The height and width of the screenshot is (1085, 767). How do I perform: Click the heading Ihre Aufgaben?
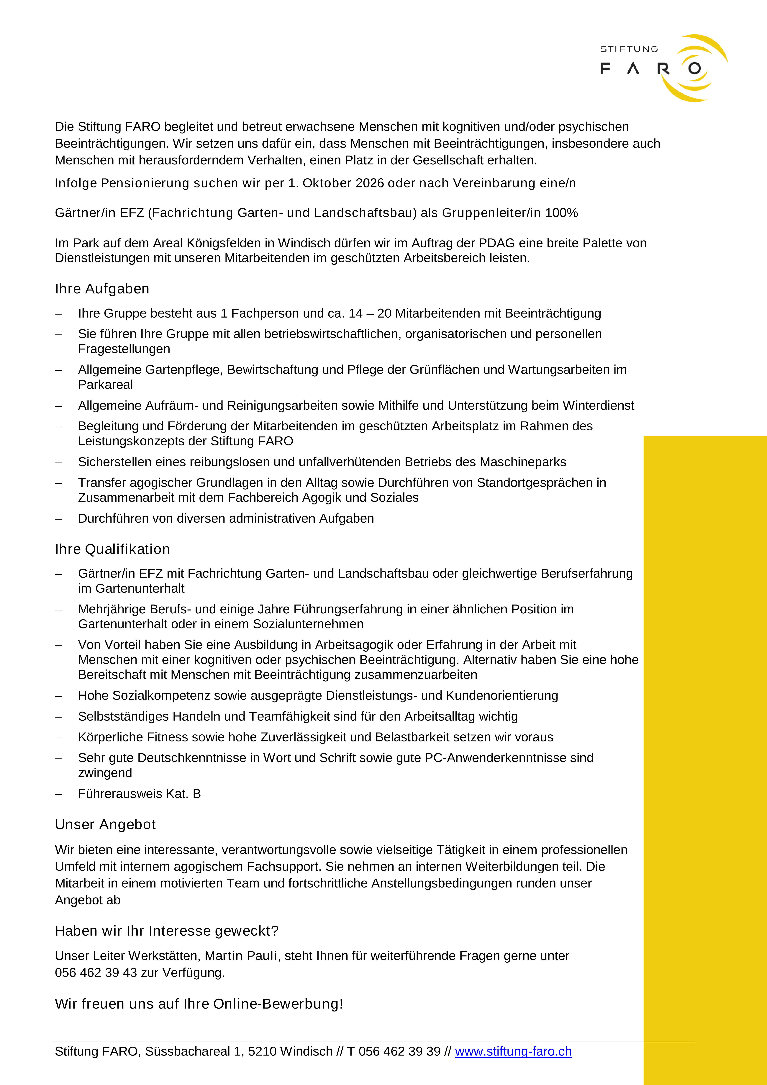[102, 289]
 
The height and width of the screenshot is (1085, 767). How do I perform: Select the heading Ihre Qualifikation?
[112, 549]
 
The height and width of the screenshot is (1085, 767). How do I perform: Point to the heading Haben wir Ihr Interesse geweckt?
[167, 931]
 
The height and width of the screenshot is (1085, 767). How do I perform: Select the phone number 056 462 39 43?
[96, 973]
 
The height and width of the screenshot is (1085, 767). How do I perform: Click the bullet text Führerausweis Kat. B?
[139, 794]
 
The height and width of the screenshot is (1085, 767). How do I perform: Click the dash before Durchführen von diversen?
[59, 519]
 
